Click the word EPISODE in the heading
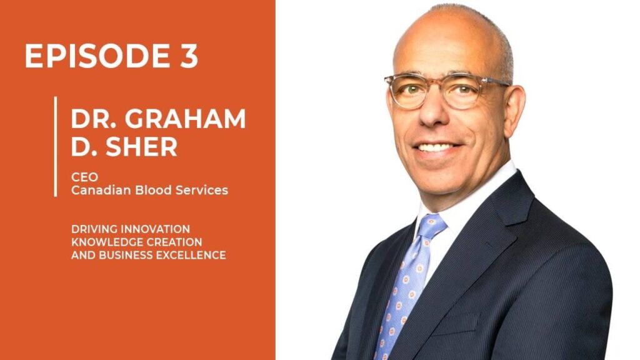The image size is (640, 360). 97,56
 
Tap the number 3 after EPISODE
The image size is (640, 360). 189,56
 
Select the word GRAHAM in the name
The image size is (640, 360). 185,119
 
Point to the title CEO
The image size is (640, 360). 84,177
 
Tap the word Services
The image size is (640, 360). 202,190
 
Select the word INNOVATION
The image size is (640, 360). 156,229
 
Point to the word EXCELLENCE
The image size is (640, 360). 191,255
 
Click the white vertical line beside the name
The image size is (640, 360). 56,146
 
